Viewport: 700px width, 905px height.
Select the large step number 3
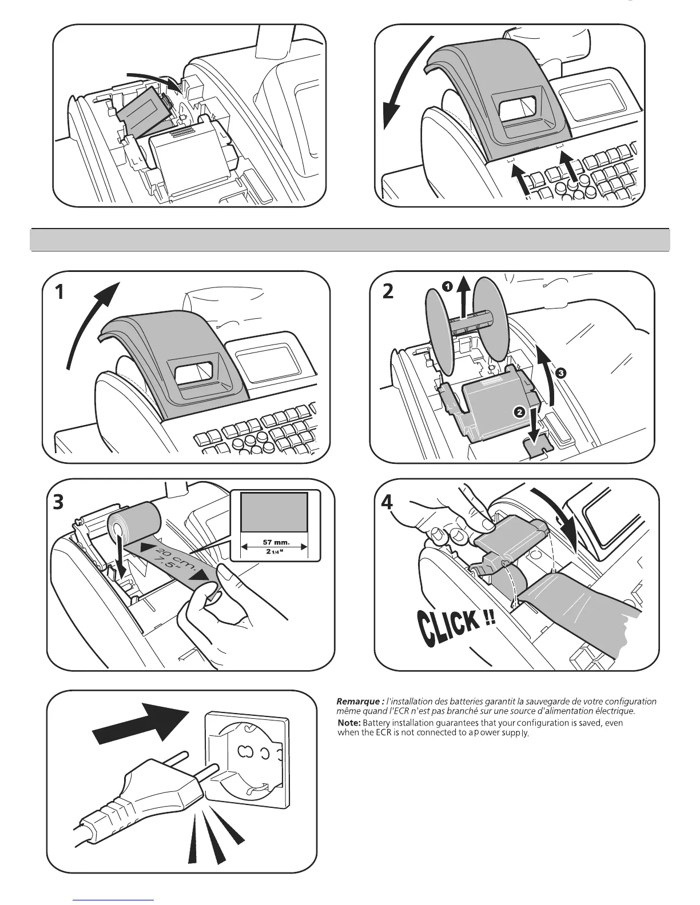(57, 503)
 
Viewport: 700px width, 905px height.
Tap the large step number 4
(387, 502)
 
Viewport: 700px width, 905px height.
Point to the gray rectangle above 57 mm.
(274, 512)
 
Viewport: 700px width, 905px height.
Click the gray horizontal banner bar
(349, 239)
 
